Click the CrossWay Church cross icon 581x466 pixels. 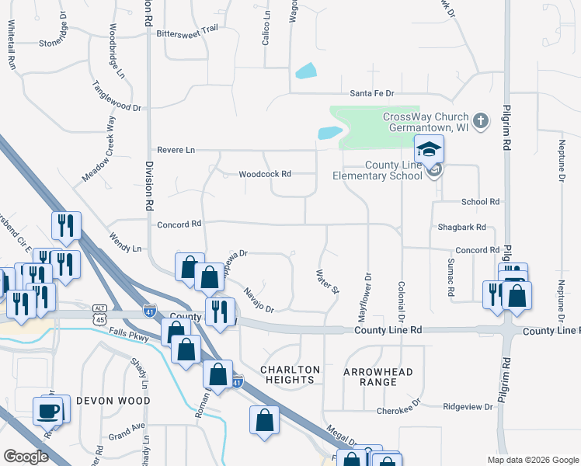coord(482,121)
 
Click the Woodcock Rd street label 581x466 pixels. coord(265,174)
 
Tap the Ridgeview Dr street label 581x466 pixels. coord(468,406)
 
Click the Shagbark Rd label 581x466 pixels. coord(461,227)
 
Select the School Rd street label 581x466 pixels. coord(480,202)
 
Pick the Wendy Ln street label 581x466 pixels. coord(127,249)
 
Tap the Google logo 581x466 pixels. coord(26,457)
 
